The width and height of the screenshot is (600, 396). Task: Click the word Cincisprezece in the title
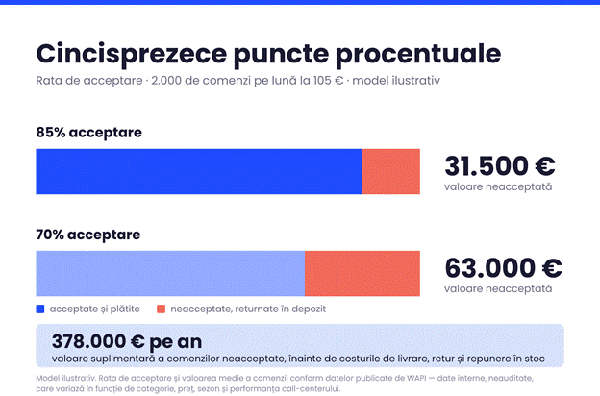pos(131,55)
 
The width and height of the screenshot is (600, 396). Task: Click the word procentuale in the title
pos(418,55)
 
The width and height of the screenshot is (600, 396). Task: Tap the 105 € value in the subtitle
pos(328,81)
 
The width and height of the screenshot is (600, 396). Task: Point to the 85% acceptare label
pos(89,133)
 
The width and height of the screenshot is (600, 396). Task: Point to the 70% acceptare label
pos(88,235)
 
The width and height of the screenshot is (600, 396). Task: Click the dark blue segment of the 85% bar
pos(199,171)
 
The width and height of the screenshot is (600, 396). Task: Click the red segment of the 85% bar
pos(391,171)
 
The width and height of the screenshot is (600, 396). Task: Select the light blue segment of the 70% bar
pos(170,274)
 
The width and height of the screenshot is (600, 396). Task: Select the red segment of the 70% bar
pos(362,274)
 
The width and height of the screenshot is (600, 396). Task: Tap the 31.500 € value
pos(500,166)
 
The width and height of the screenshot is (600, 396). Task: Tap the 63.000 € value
pos(503,268)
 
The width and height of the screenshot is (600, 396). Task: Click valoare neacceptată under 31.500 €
pos(498,186)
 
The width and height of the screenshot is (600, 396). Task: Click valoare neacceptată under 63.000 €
pos(498,288)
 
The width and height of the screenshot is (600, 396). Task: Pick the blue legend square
pos(40,309)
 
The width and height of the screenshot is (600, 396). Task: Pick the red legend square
pos(162,309)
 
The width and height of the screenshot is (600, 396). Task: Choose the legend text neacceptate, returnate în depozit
pos(248,309)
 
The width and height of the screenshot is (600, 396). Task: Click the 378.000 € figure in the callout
pos(98,341)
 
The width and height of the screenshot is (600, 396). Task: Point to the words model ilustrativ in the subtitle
pos(396,81)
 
